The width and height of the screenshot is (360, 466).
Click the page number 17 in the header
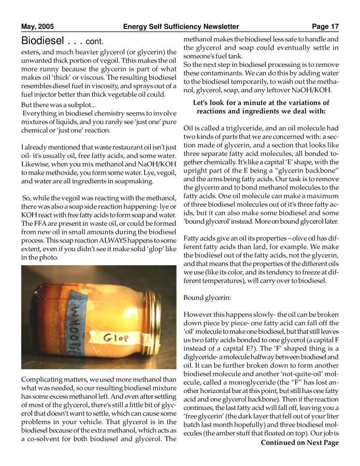tap(333, 26)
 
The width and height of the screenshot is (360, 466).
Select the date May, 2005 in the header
tap(37, 26)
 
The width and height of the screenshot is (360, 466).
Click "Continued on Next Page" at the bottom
tap(299, 443)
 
